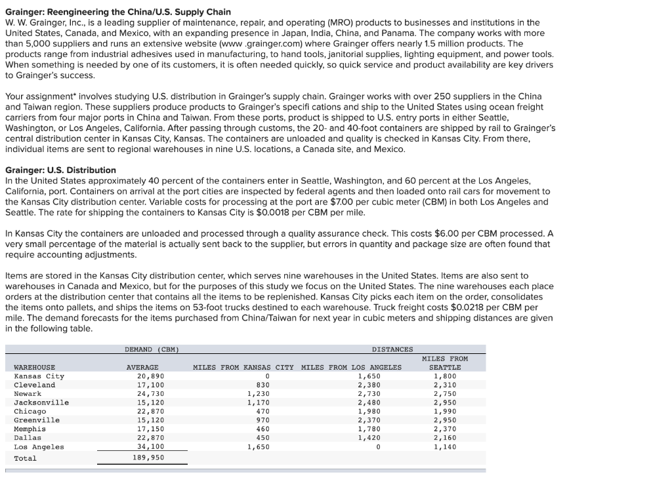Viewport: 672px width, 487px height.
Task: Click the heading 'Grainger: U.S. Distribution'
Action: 60,170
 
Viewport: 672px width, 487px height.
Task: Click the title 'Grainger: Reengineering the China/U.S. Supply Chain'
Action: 118,12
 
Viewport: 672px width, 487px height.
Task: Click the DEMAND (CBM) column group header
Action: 152,349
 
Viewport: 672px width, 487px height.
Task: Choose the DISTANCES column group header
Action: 392,349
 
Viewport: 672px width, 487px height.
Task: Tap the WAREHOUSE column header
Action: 34,367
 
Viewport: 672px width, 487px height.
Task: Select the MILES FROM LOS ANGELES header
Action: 350,367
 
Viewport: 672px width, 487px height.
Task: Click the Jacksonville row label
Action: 41,402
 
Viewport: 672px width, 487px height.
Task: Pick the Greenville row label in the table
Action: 37,420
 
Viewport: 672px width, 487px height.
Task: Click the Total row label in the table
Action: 25,458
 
